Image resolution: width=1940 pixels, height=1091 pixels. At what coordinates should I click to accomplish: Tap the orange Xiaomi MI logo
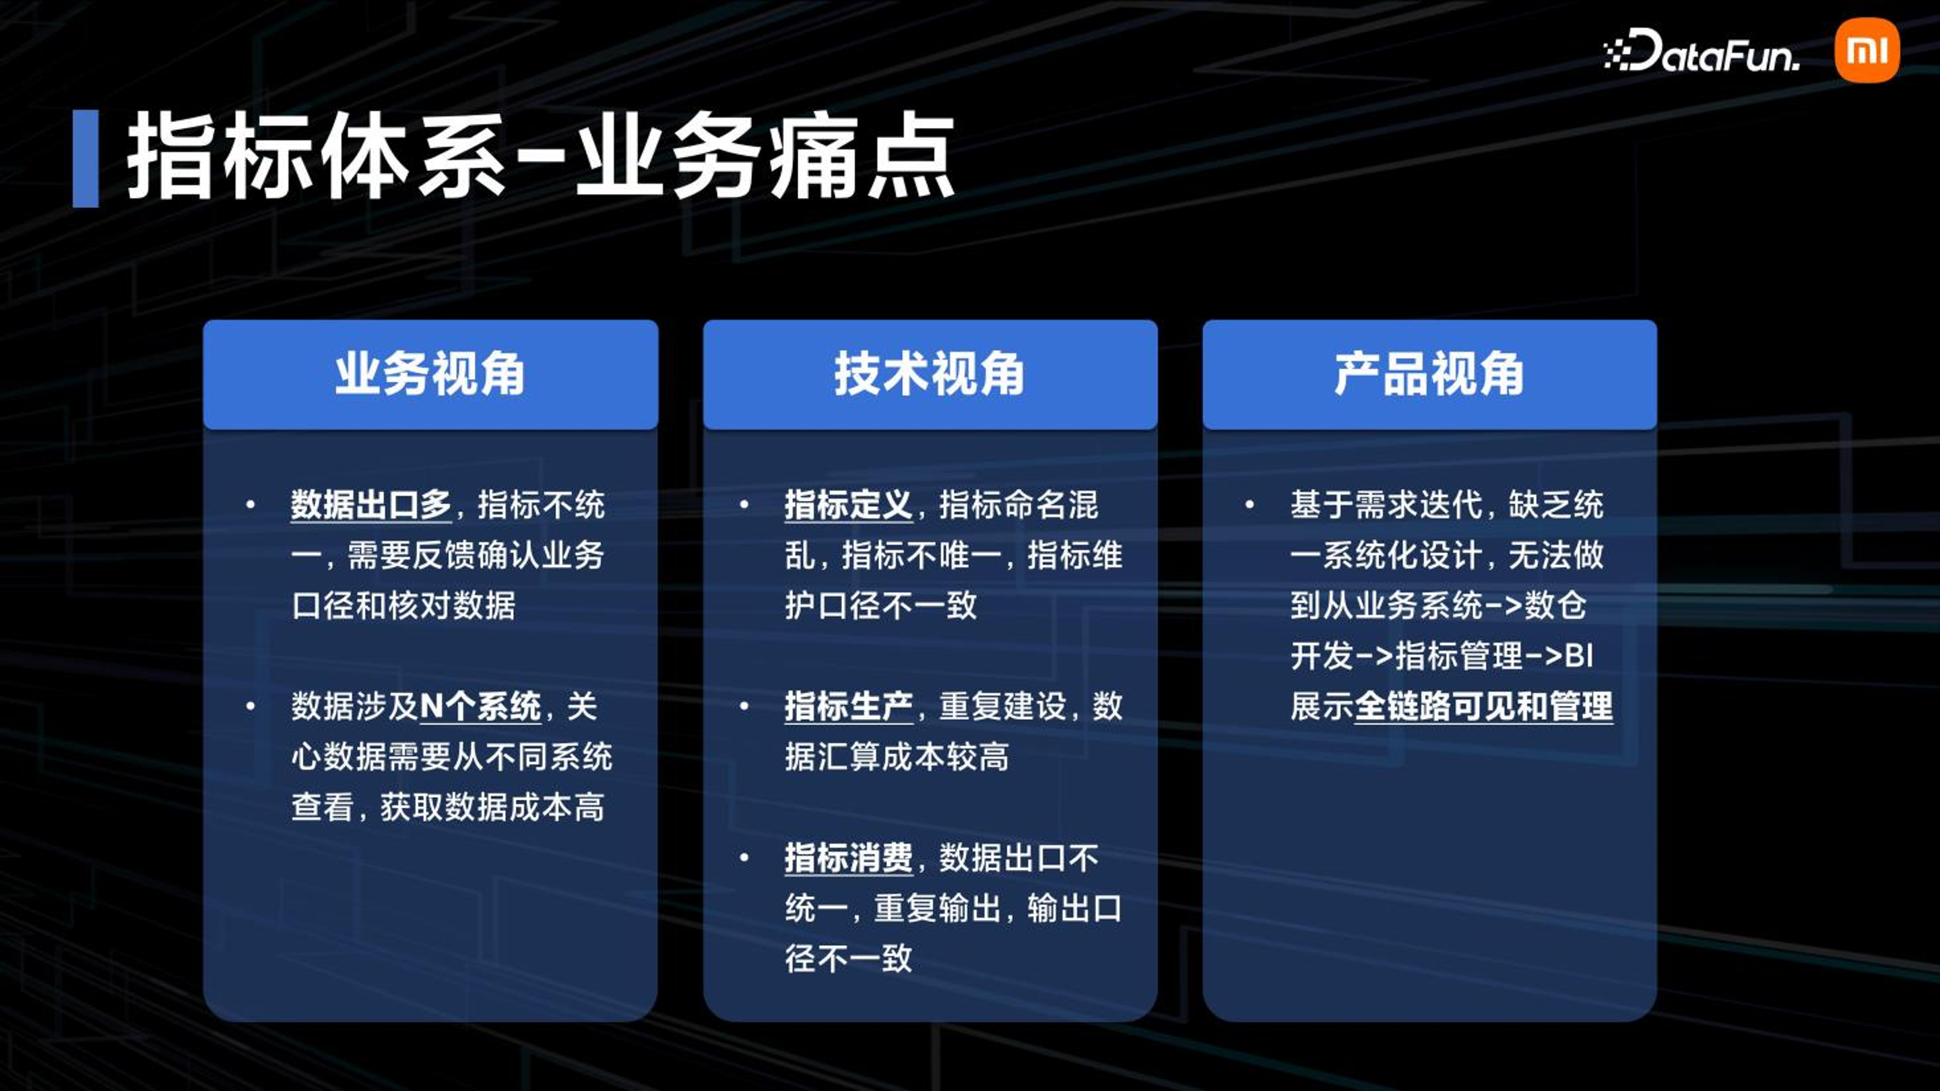(x=1867, y=51)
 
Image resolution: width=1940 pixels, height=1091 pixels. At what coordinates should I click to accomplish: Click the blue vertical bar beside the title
(x=85, y=158)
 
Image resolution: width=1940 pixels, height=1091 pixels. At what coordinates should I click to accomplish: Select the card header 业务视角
(x=430, y=374)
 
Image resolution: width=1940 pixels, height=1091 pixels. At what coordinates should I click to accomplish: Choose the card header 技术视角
(x=930, y=374)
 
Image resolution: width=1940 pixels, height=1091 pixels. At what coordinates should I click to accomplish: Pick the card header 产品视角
(x=1429, y=374)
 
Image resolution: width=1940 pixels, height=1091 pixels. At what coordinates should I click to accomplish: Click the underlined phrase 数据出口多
(x=371, y=504)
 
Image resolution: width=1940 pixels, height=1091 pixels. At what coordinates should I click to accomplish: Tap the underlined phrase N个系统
(x=480, y=706)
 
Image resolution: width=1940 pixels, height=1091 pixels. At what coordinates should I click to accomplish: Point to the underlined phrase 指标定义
(x=849, y=504)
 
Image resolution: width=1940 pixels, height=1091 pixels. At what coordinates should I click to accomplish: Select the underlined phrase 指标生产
(x=849, y=706)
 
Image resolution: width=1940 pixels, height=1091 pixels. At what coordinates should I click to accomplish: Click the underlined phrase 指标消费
(x=849, y=857)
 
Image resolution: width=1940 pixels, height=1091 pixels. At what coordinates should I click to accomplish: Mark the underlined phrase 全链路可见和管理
(x=1483, y=706)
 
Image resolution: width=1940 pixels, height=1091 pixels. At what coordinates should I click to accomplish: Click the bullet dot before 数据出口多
(x=251, y=504)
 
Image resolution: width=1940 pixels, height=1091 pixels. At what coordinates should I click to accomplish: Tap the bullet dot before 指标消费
(x=744, y=857)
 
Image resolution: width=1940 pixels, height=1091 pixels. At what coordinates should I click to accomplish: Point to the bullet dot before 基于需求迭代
(x=1250, y=504)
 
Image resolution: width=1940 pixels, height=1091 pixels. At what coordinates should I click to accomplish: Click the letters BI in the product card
(x=1578, y=656)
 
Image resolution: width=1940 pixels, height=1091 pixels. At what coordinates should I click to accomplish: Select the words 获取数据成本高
(x=492, y=807)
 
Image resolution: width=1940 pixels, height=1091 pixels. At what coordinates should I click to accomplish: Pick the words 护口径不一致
(x=881, y=605)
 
